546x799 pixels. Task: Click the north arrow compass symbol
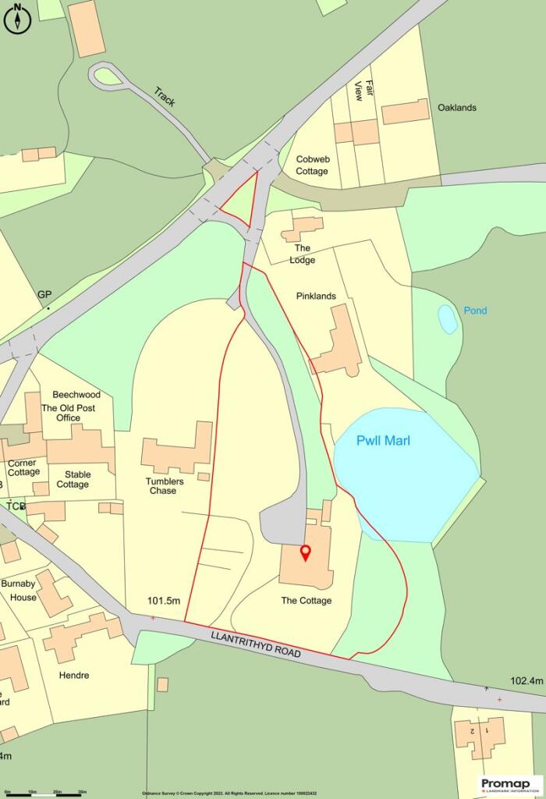click(x=16, y=18)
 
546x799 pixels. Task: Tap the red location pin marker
click(x=306, y=553)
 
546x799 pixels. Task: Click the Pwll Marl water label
click(x=383, y=441)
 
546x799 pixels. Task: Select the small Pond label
click(x=474, y=311)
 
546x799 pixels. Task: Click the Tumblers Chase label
click(x=165, y=486)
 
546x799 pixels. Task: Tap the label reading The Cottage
click(x=307, y=601)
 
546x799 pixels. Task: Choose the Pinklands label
click(x=316, y=297)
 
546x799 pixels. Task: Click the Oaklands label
click(x=456, y=108)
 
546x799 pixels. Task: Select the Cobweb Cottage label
click(x=312, y=165)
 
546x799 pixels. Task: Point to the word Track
click(x=166, y=97)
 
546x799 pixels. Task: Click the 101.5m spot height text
click(x=164, y=601)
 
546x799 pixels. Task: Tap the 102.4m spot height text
click(x=526, y=680)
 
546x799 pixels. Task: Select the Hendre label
click(x=74, y=675)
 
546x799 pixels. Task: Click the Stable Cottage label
click(x=73, y=479)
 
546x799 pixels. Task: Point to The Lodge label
click(x=302, y=254)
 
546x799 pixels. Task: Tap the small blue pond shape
click(x=448, y=318)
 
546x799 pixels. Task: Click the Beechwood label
click(x=76, y=395)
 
